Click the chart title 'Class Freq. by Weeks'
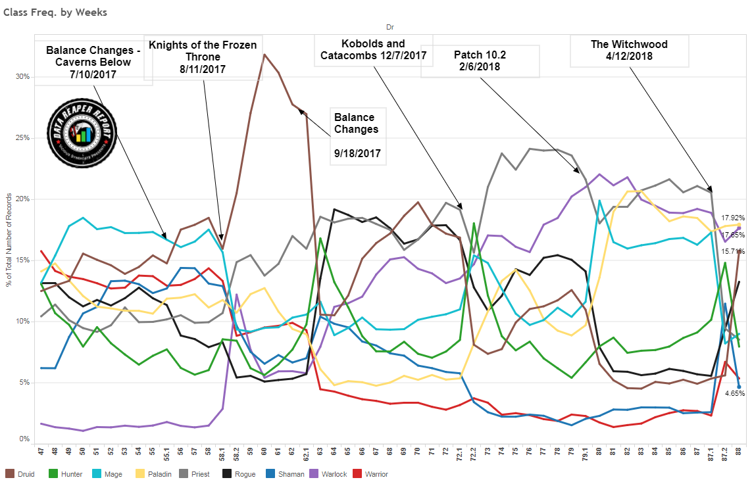55,12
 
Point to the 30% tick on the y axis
22,76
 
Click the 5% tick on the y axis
24,383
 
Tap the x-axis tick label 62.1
306,453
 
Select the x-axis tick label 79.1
584,453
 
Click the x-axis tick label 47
41,452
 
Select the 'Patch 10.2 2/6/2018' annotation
480,61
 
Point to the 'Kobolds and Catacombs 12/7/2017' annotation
373,49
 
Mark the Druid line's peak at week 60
264,55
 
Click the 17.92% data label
733,218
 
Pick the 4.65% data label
734,393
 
